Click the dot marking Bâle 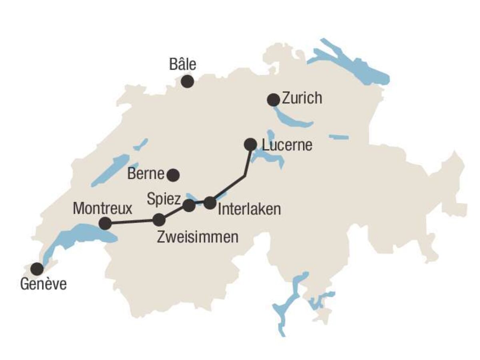pos(187,82)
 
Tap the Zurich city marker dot pos(274,100)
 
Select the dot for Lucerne pos(250,144)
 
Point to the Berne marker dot pos(173,174)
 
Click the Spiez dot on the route pos(189,206)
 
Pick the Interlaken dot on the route pos(210,203)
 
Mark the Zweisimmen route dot pos(159,220)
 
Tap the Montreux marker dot pos(105,223)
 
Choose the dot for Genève pos(37,269)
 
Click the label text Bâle pos(183,64)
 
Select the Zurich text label pos(302,98)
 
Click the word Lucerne pos(286,145)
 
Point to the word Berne pos(146,174)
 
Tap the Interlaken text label pos(249,209)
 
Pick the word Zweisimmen pos(198,237)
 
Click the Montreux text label pos(102,208)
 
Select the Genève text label pos(43,285)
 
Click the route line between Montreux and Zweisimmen pos(132,222)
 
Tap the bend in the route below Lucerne pos(245,175)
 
